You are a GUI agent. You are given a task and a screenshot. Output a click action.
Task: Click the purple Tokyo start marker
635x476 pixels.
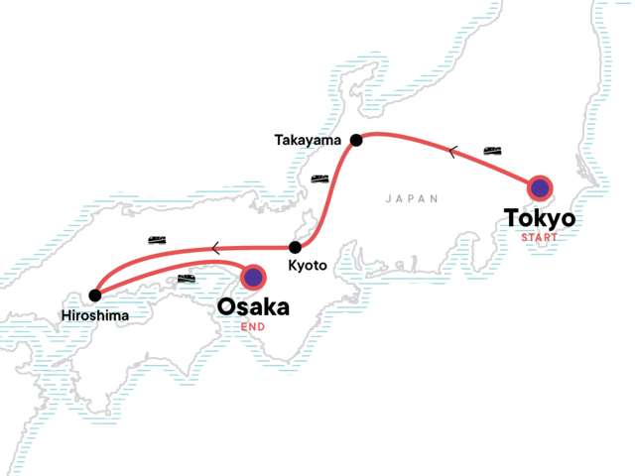pos(539,188)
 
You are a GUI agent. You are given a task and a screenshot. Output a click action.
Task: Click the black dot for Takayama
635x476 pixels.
pos(356,141)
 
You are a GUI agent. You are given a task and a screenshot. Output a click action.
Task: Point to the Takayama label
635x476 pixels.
pos(309,141)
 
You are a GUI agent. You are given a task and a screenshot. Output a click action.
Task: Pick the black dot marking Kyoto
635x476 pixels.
pos(295,248)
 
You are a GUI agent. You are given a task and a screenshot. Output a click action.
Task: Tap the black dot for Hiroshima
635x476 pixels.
pos(94,295)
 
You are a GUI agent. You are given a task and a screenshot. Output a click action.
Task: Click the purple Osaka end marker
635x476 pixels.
pos(254,277)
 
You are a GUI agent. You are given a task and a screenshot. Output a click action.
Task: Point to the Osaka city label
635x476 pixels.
pos(253,307)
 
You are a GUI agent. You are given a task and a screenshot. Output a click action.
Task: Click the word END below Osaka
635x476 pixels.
pos(252,326)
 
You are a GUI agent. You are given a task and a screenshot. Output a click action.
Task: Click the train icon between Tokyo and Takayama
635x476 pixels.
pos(492,151)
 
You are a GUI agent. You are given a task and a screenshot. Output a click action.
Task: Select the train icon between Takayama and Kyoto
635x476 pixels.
pos(319,179)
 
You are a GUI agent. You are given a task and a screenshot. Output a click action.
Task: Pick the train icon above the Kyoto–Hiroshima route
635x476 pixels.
pos(157,241)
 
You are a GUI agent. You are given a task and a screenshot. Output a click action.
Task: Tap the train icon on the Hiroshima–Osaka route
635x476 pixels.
pos(185,280)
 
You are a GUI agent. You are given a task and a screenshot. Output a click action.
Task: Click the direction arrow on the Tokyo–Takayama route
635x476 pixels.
pos(453,152)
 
